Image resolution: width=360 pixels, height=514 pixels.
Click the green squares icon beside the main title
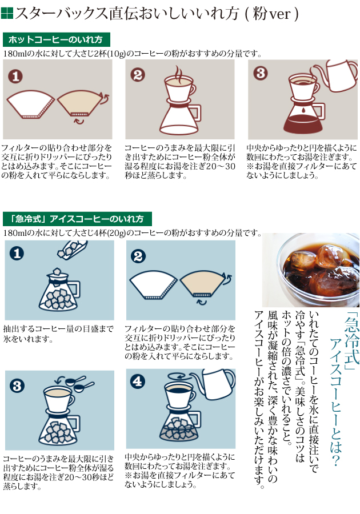7,13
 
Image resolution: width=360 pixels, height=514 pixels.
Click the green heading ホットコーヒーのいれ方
56,39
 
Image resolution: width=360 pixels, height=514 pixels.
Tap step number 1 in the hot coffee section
15,77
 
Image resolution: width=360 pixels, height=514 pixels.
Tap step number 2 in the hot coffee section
137,75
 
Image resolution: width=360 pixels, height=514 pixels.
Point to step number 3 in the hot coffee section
261,73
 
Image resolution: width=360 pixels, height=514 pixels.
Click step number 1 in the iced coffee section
17,253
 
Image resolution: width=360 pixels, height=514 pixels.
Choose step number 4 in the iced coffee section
137,382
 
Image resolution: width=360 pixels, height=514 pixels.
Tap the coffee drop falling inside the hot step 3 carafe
303,109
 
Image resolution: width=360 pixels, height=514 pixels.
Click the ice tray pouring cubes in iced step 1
72,249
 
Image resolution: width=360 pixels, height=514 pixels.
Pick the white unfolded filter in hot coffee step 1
31,105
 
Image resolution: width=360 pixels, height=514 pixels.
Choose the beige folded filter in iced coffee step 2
204,285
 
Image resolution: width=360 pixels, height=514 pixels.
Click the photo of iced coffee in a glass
310,270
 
